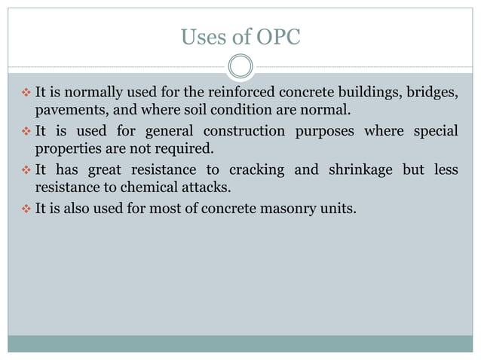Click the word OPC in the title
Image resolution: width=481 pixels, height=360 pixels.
tap(277, 36)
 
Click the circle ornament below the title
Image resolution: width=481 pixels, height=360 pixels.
tap(240, 66)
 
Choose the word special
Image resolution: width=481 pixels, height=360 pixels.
tap(434, 131)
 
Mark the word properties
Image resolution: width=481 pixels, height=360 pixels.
tap(67, 150)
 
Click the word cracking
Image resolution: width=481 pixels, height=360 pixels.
tap(250, 169)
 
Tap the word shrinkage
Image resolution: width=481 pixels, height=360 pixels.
tap(358, 169)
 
